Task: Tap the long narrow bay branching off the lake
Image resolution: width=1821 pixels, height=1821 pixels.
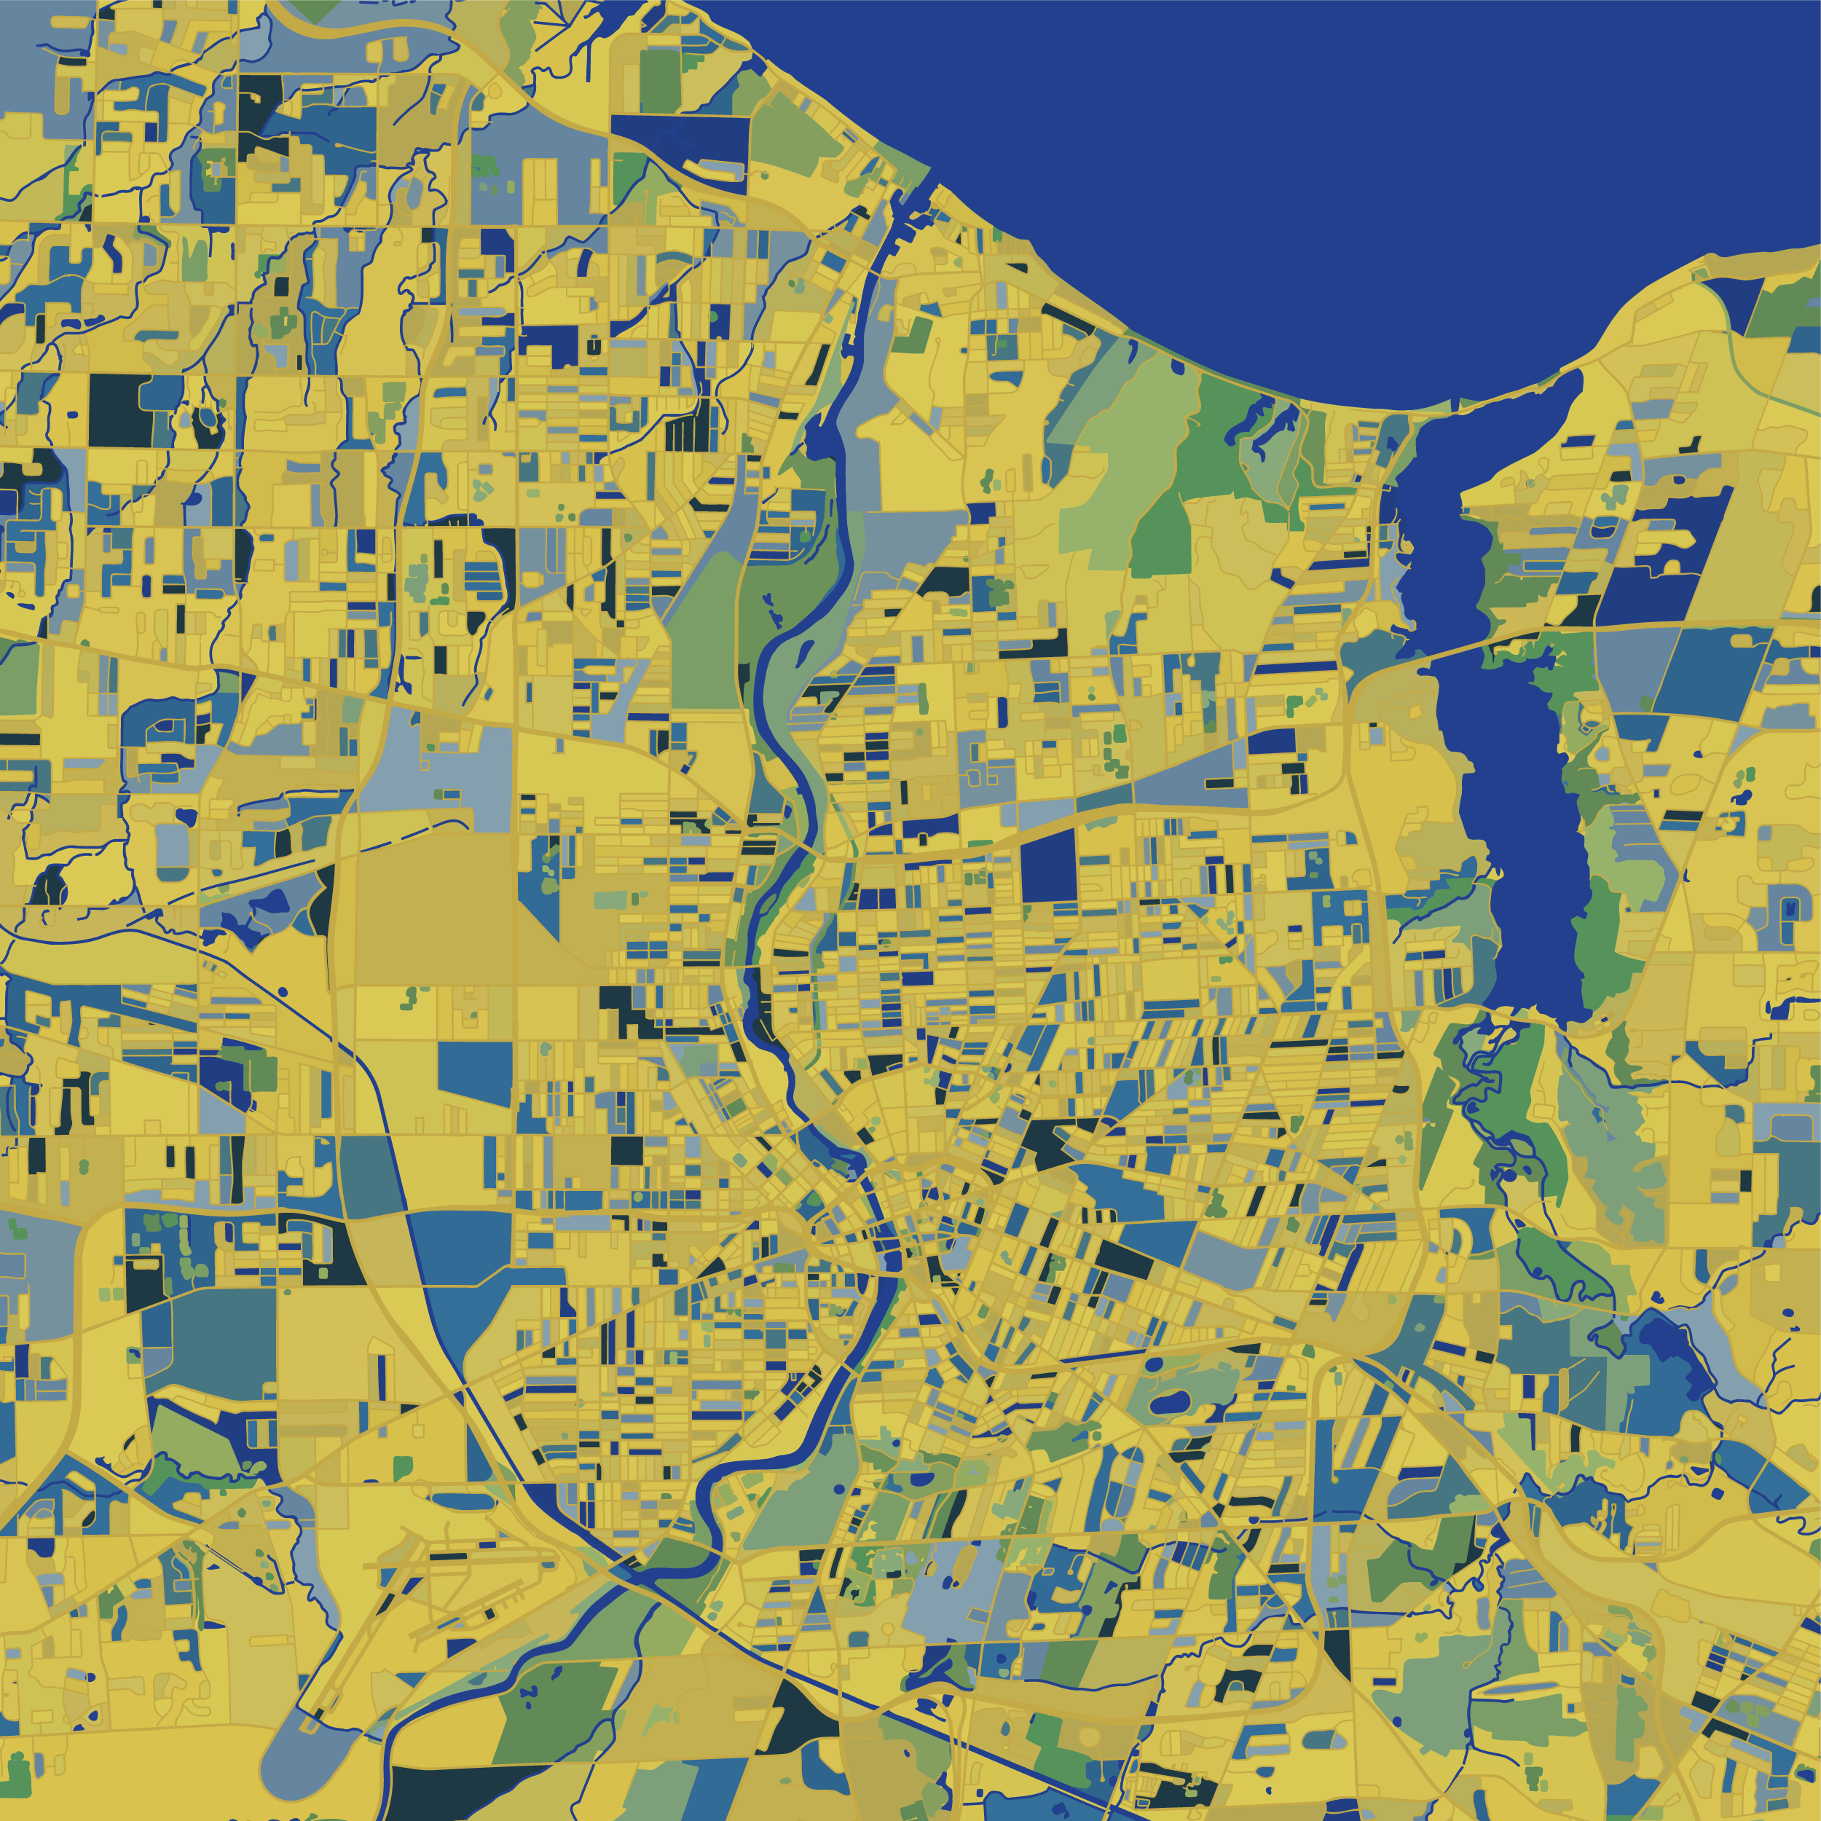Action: click(x=1508, y=801)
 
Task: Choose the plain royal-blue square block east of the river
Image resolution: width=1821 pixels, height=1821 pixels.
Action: click(x=1048, y=865)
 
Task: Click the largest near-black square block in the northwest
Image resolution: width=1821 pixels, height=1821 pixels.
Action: click(x=121, y=410)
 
